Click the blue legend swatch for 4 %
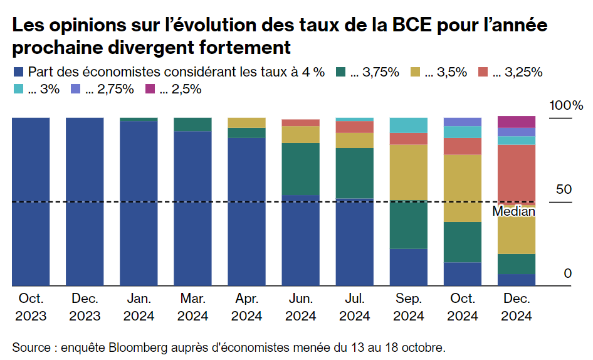(x=18, y=72)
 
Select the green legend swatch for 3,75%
(x=342, y=72)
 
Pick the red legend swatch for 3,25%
(x=484, y=72)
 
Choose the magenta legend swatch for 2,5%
(x=150, y=89)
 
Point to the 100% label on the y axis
(x=566, y=105)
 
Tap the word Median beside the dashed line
(x=513, y=211)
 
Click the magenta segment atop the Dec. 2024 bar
(x=516, y=122)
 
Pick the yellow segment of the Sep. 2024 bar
(x=408, y=172)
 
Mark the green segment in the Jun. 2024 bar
(x=300, y=169)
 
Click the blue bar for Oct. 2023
(x=31, y=201)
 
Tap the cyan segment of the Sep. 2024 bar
(x=408, y=125)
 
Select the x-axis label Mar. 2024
(x=192, y=307)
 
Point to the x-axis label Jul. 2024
(x=354, y=307)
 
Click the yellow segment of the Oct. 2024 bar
(x=462, y=188)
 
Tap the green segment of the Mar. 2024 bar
(x=192, y=124)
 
